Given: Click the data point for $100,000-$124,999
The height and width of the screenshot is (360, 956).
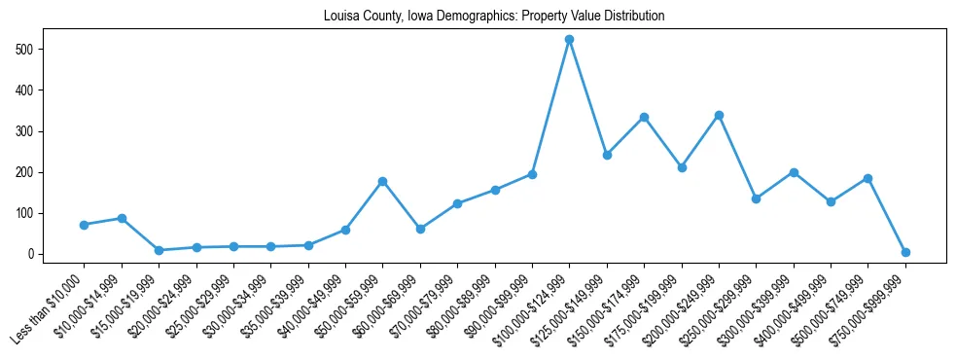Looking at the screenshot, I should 570,40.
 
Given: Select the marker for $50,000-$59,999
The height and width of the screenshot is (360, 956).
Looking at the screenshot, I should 382,181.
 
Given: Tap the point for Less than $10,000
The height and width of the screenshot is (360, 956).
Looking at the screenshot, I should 84,225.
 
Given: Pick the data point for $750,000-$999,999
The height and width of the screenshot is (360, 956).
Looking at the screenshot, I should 905,252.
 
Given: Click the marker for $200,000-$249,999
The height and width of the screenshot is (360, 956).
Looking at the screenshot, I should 719,115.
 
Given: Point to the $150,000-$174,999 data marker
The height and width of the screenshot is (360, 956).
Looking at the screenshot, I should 644,117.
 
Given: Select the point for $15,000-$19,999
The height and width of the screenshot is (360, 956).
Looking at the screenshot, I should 159,250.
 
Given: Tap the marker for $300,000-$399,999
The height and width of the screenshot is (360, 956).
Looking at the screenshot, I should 794,172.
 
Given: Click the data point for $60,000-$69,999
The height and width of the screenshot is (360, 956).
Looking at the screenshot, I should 420,229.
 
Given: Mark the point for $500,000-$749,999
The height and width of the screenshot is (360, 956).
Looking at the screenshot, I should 867,178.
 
